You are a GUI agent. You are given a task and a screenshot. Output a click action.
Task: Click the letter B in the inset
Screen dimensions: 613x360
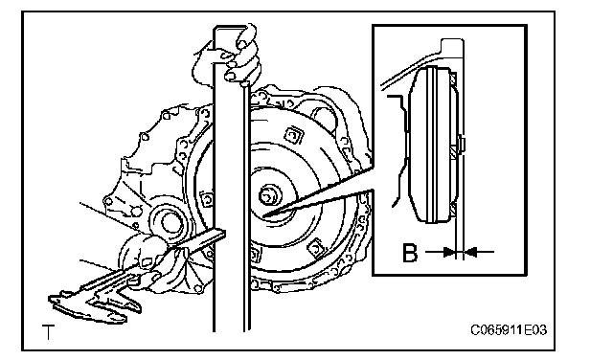coord(410,253)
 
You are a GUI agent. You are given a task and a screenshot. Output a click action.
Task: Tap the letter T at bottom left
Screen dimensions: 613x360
coord(49,332)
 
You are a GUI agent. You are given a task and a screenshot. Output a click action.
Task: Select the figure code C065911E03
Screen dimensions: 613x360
coord(509,330)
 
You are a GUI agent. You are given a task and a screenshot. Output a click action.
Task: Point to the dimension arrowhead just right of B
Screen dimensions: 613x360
coord(450,252)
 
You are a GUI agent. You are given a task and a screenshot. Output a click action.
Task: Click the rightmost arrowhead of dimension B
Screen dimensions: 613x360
coord(470,252)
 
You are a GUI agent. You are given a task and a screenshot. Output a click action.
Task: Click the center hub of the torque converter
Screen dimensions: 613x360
coord(268,194)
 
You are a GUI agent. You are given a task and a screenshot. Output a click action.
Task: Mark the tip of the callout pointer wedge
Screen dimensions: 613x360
coord(263,215)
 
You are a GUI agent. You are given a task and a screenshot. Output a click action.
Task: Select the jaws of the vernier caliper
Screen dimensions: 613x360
coord(94,304)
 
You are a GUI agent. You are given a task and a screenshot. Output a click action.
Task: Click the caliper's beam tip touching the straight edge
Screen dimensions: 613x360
coord(219,235)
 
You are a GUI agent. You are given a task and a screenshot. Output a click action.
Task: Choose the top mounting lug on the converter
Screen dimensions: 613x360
coord(293,135)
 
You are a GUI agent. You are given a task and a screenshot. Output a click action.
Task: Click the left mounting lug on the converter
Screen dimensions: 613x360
coord(207,199)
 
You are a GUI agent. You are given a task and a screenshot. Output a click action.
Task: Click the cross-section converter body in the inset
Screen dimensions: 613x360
coord(430,145)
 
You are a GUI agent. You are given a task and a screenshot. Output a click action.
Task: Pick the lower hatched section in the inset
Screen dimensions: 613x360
coord(453,210)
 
